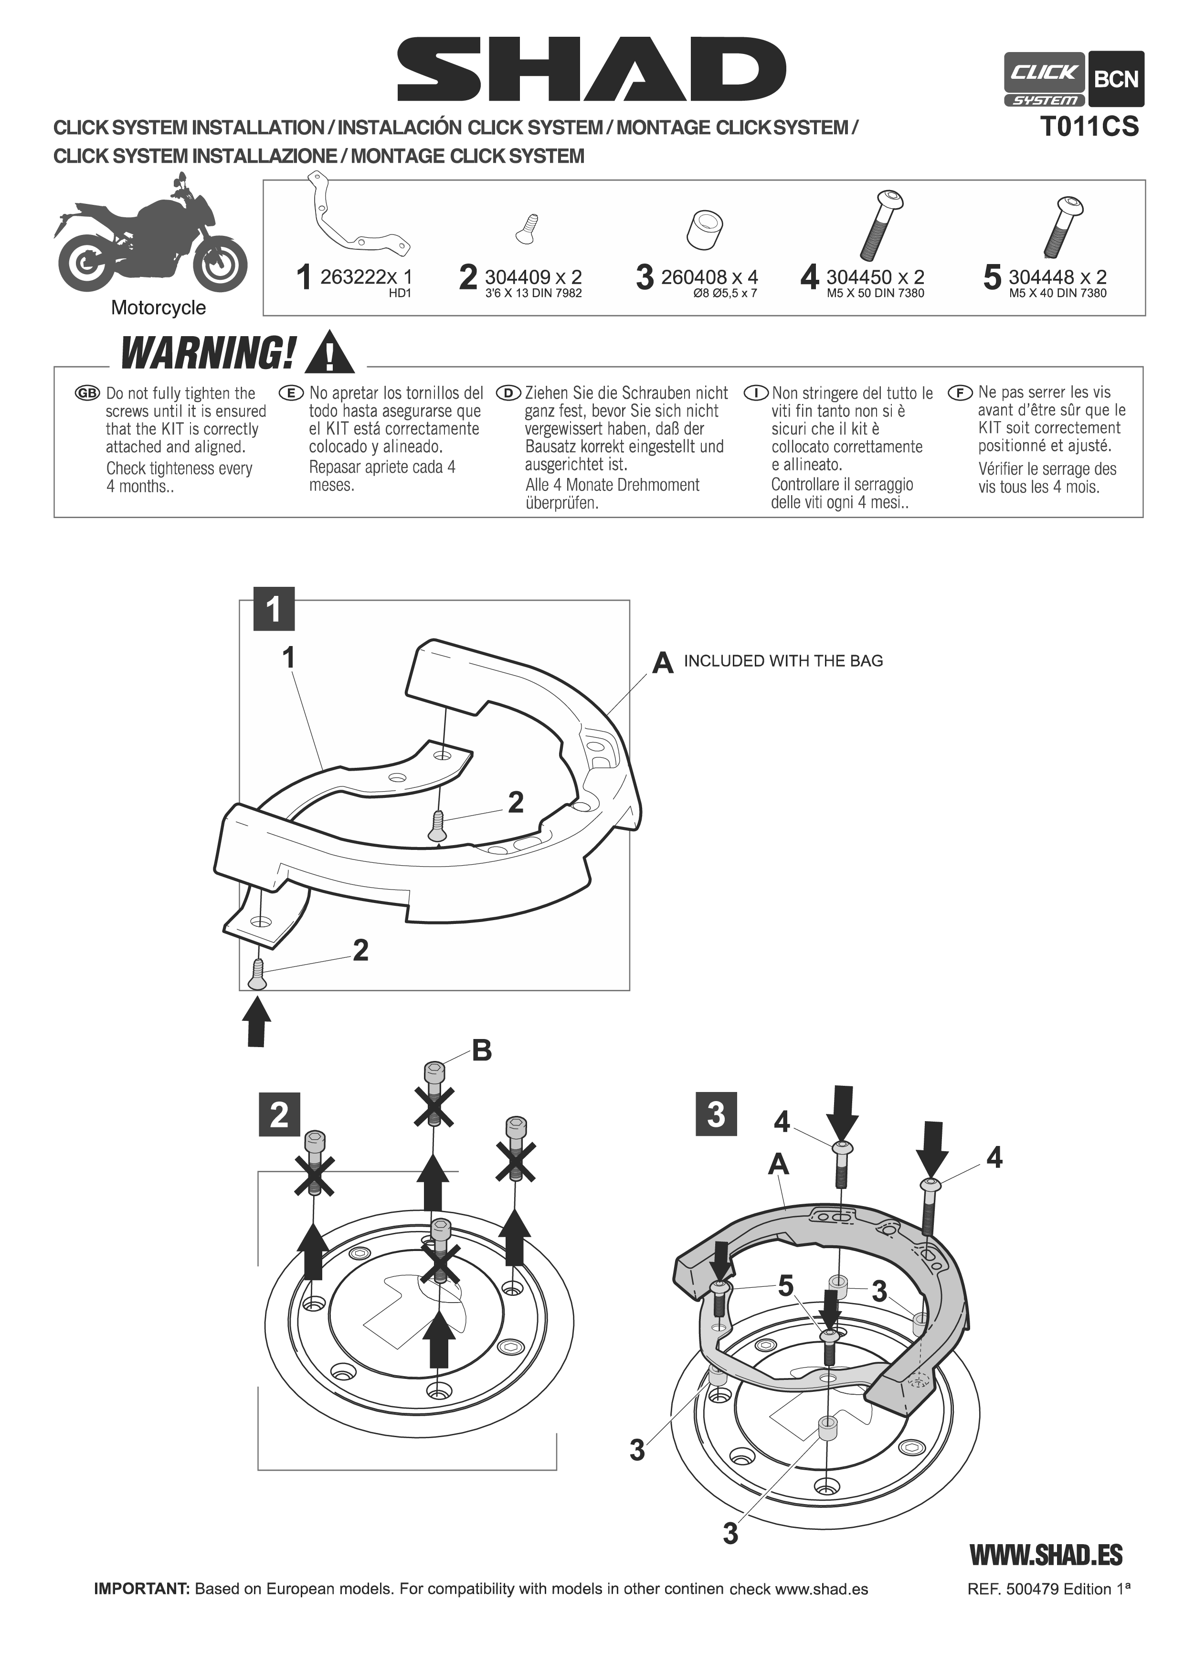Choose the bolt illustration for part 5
[x=1064, y=226]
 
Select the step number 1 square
[x=274, y=608]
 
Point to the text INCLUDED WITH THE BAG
[x=783, y=661]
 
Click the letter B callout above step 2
[x=482, y=1050]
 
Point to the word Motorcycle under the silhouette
[x=159, y=308]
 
